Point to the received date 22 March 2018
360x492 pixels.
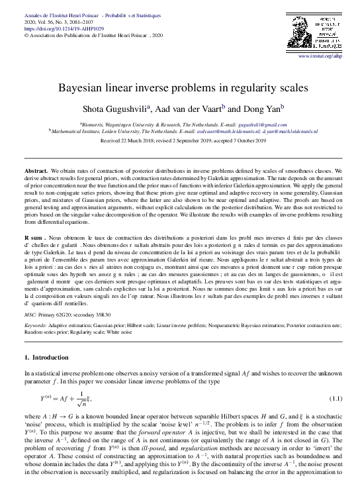pos(148,140)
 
